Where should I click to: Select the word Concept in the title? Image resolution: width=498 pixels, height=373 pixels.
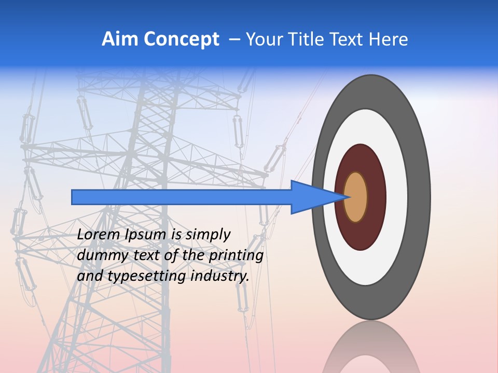coord(182,40)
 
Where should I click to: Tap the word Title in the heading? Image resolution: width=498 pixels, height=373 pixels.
coord(312,39)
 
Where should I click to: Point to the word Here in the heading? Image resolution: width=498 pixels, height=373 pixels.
coord(388,39)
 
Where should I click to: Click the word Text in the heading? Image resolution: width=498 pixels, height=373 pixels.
coord(349,39)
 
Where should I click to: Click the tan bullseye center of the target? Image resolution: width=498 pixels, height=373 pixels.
coord(356,197)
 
